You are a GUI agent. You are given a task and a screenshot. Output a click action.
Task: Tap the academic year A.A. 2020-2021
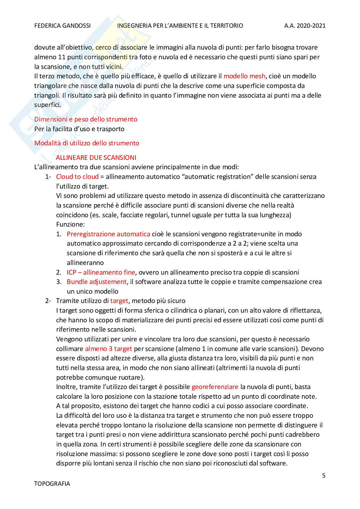point(305,26)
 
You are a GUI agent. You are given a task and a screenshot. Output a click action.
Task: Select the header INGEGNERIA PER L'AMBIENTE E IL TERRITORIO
point(180,26)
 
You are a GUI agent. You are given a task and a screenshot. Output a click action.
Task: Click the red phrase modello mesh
point(244,76)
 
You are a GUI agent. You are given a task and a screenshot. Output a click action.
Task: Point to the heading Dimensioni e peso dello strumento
point(86,119)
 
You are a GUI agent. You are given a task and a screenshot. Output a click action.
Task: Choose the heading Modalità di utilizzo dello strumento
point(87,143)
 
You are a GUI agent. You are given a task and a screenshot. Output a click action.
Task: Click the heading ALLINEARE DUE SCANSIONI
point(96,158)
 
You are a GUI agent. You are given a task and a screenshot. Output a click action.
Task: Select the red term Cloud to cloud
point(77,177)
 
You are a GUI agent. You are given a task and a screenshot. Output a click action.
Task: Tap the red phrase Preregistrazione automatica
point(108,234)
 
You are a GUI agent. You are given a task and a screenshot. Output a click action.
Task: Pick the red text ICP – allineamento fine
point(101,272)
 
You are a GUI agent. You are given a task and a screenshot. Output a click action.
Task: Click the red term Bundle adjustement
point(96,282)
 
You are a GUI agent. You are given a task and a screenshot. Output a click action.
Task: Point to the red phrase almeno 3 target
point(108,349)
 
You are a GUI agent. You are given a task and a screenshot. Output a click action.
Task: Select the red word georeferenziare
point(215,387)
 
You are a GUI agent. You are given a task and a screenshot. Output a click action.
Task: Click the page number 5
point(324,476)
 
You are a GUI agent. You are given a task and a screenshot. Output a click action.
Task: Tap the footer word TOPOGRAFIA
point(52,484)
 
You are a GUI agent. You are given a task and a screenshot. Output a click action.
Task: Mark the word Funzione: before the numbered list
point(70,224)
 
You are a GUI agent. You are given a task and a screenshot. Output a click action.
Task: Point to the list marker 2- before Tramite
point(48,301)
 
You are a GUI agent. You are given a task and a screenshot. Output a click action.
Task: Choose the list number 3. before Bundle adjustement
point(59,282)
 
